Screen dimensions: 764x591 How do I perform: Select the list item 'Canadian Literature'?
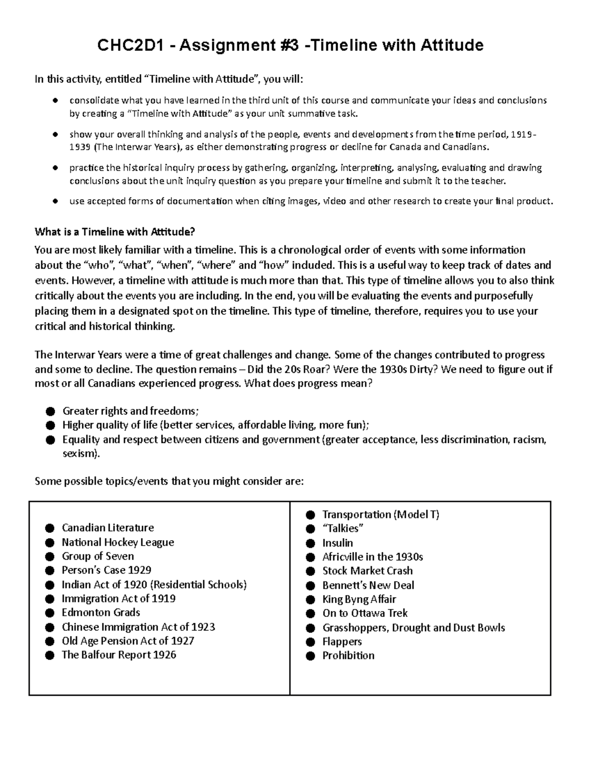click(x=107, y=528)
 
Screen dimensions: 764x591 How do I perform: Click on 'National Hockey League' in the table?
click(x=118, y=542)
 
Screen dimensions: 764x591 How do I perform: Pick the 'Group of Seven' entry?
click(x=98, y=556)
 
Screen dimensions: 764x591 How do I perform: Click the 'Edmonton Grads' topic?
click(x=100, y=612)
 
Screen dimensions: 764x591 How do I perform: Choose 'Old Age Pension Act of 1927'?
click(x=128, y=641)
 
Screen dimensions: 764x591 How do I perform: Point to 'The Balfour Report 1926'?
click(x=119, y=655)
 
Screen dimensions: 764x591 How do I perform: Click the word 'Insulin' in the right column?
click(x=337, y=543)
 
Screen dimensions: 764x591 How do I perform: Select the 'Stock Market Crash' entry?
click(x=367, y=571)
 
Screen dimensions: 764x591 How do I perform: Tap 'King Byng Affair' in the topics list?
click(x=359, y=599)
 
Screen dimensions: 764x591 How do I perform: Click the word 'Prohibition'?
click(x=348, y=655)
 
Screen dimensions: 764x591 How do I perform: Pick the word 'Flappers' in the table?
click(x=342, y=642)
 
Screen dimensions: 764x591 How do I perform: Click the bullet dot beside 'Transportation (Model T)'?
click(x=310, y=515)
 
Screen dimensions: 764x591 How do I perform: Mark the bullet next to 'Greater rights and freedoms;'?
click(x=50, y=411)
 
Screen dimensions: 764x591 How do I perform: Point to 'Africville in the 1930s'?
click(x=372, y=557)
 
